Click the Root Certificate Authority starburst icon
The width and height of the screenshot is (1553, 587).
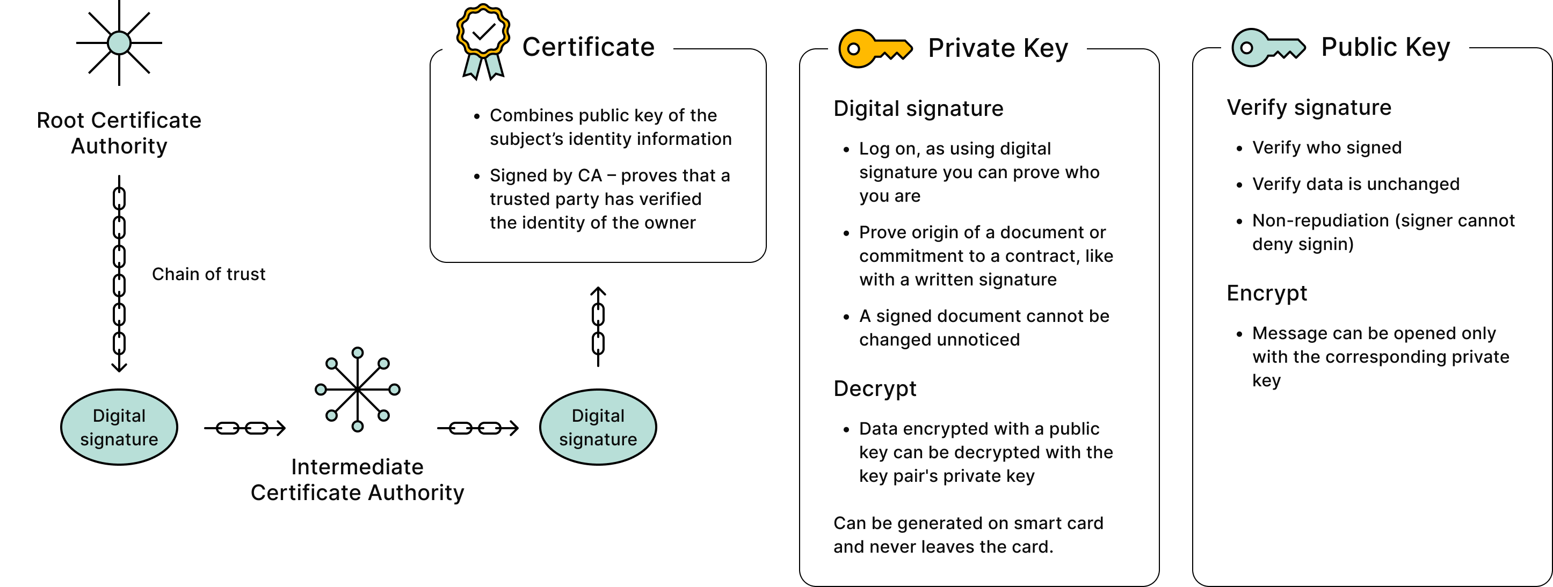(x=119, y=43)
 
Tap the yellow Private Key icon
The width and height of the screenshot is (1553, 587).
(x=874, y=49)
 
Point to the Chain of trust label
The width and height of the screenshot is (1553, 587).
(x=208, y=274)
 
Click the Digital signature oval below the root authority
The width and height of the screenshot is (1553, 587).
(x=119, y=427)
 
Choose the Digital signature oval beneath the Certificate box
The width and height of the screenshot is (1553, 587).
(x=598, y=427)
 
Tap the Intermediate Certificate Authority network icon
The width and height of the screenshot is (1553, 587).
(x=358, y=390)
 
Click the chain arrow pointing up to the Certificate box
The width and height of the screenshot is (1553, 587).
(x=598, y=326)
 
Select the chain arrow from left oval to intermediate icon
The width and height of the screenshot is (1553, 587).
(x=244, y=428)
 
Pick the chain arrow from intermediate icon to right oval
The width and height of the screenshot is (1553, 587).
(x=477, y=428)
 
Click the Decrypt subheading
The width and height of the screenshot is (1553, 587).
(x=874, y=388)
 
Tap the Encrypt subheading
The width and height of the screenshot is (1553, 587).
(x=1267, y=293)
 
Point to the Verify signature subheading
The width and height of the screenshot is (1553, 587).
(x=1309, y=107)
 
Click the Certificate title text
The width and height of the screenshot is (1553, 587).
(x=588, y=47)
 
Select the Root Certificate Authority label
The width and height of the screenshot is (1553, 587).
(x=119, y=133)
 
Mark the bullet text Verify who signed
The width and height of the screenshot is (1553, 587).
(x=1326, y=148)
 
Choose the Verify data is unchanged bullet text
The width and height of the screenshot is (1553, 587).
(x=1355, y=184)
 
